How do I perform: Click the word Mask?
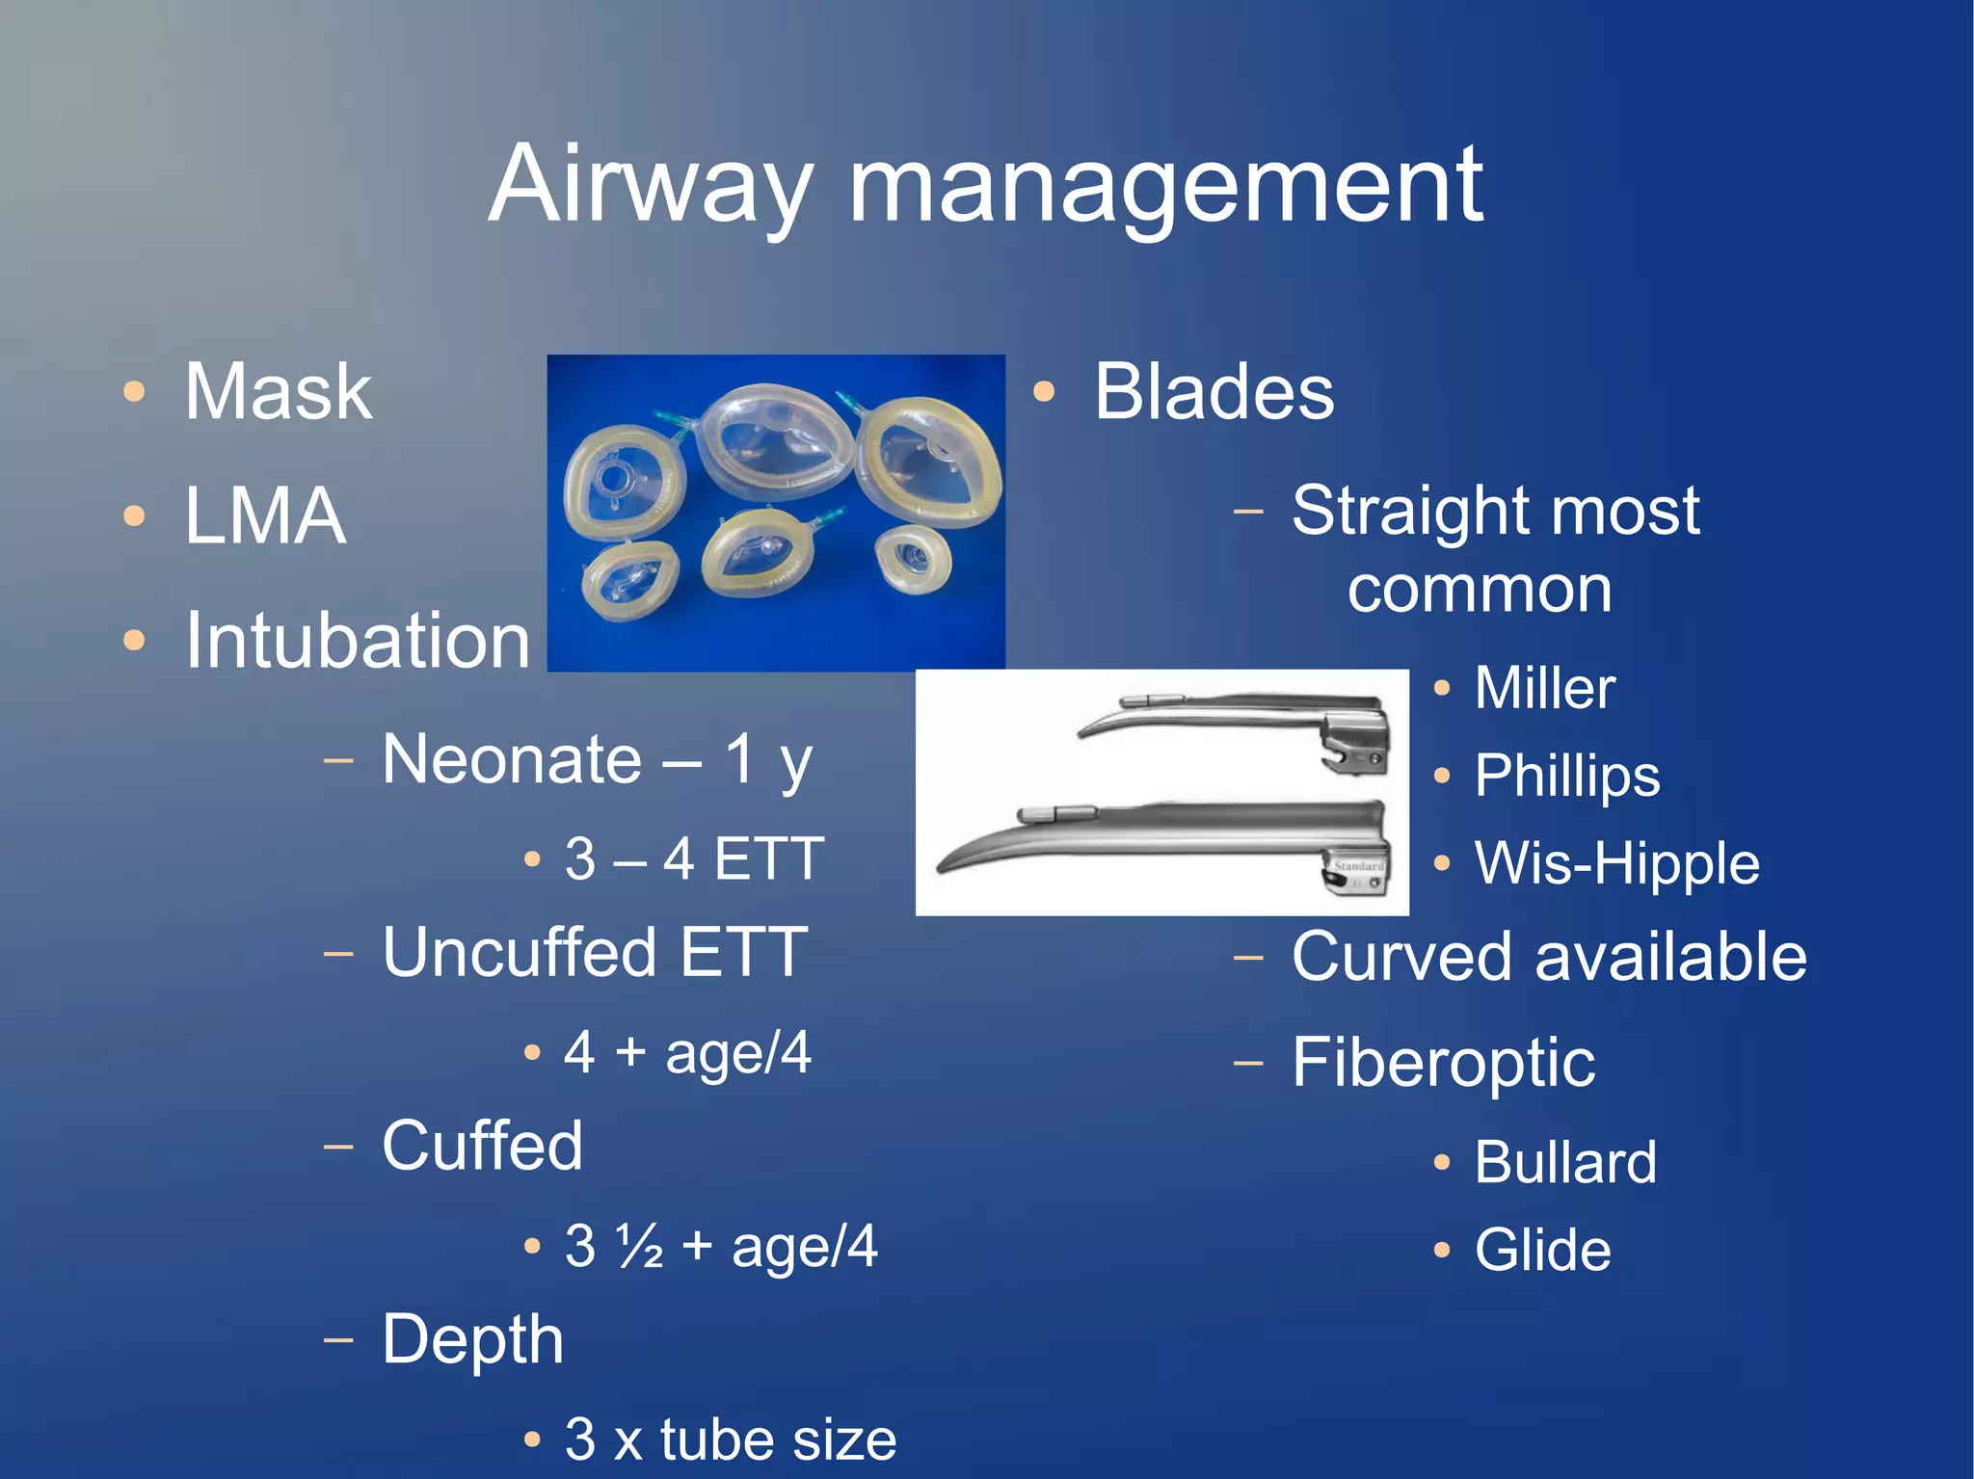pyautogui.click(x=278, y=392)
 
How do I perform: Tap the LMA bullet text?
pyautogui.click(x=265, y=515)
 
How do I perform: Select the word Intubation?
pyautogui.click(x=358, y=641)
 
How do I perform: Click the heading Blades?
pyautogui.click(x=1214, y=392)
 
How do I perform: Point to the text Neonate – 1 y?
pyautogui.click(x=597, y=760)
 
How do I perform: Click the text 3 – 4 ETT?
pyautogui.click(x=693, y=858)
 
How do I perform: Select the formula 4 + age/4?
pyautogui.click(x=687, y=1052)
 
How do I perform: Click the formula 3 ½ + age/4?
pyautogui.click(x=720, y=1246)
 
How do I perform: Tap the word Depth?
pyautogui.click(x=472, y=1340)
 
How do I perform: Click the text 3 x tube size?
pyautogui.click(x=730, y=1439)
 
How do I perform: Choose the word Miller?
pyautogui.click(x=1544, y=688)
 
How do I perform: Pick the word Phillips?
pyautogui.click(x=1567, y=776)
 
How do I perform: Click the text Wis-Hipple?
pyautogui.click(x=1616, y=863)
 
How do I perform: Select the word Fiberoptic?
pyautogui.click(x=1443, y=1063)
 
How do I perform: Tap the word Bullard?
pyautogui.click(x=1565, y=1162)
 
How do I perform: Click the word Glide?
pyautogui.click(x=1542, y=1251)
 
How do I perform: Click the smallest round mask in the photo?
pyautogui.click(x=912, y=558)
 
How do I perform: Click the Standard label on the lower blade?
pyautogui.click(x=1358, y=866)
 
